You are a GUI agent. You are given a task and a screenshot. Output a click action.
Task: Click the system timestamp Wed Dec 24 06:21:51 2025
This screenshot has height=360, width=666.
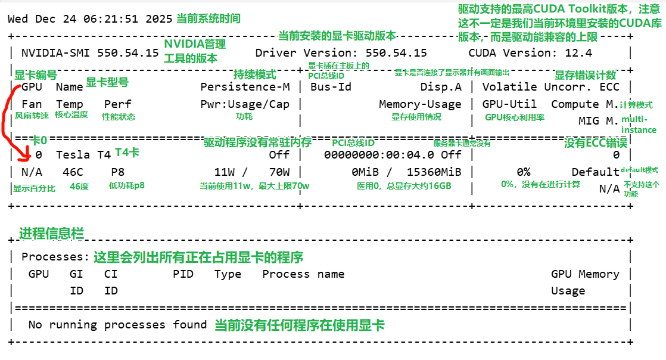point(90,18)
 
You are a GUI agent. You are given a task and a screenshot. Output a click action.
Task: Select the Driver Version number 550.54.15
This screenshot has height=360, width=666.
point(396,53)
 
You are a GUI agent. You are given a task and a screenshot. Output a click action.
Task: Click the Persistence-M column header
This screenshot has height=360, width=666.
point(245,87)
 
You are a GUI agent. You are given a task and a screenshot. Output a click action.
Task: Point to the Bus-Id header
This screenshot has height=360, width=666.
point(331,87)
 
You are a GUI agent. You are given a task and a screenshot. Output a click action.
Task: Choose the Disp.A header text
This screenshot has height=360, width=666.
point(441,87)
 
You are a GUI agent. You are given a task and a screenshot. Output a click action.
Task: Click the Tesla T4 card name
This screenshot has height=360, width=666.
point(83,155)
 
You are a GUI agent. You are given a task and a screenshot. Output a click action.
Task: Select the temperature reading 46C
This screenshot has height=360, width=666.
point(73,172)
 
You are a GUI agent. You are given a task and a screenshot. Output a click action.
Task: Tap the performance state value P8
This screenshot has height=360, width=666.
point(118,172)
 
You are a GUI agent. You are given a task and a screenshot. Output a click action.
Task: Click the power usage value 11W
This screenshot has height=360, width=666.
point(225,172)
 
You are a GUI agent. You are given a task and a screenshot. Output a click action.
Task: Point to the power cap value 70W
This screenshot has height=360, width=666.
point(279,172)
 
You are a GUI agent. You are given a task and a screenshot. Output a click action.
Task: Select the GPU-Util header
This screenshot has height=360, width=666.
point(509,104)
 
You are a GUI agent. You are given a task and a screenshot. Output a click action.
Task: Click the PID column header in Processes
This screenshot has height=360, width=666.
point(183,274)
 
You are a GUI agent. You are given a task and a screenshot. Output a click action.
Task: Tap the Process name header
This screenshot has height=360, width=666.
point(303,274)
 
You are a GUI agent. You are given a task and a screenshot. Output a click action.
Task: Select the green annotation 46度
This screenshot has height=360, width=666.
point(79,186)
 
